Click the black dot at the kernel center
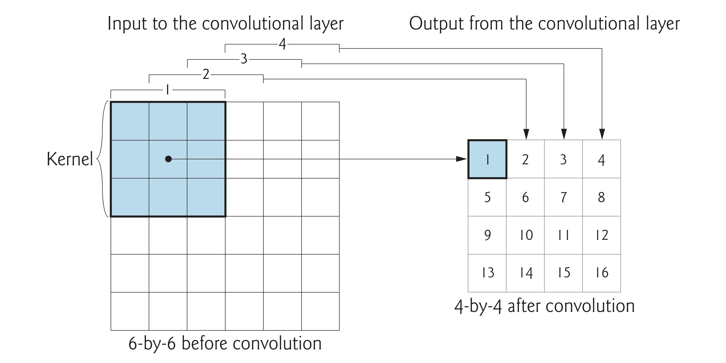[168, 159]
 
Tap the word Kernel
[70, 159]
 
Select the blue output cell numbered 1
[487, 159]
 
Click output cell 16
[602, 272]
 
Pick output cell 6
[525, 197]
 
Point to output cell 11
[563, 235]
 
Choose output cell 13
[487, 272]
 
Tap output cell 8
[601, 197]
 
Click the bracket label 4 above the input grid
[282, 44]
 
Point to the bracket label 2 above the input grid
[206, 74]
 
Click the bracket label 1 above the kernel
[168, 90]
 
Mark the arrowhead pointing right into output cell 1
[462, 159]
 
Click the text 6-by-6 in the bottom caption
[152, 343]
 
